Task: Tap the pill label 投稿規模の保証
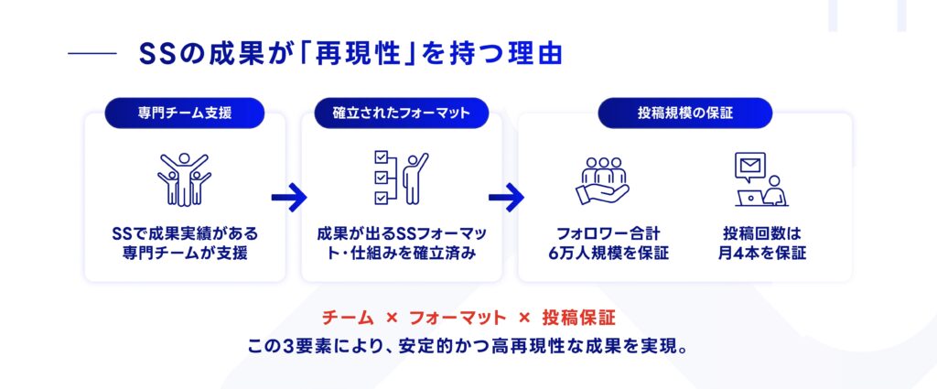point(685,113)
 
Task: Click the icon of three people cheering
point(184,178)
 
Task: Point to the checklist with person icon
point(401,178)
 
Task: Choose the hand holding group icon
point(603,179)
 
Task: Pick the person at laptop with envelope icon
point(759,179)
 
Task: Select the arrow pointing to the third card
point(506,196)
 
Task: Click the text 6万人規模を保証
point(612,254)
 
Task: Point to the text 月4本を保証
point(762,254)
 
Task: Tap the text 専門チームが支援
point(185,254)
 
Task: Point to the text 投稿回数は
point(762,232)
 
